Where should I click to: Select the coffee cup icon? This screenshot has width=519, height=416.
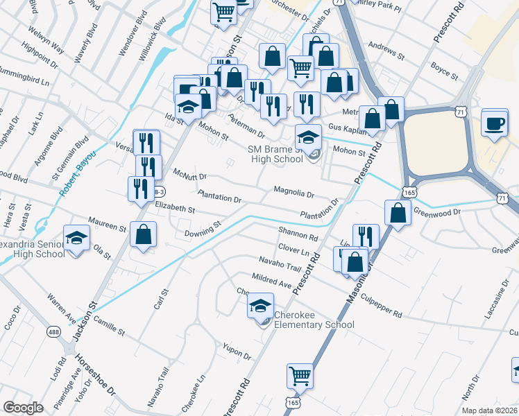(x=494, y=123)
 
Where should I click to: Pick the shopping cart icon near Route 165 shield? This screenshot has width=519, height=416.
(x=300, y=376)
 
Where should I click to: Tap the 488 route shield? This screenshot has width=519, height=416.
(x=53, y=332)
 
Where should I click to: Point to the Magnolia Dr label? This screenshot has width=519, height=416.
(x=294, y=191)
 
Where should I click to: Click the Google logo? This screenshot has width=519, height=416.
(x=23, y=408)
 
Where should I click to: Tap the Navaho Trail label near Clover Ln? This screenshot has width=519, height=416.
(x=279, y=264)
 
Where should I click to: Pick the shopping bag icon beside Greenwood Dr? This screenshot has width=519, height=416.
(x=398, y=213)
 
